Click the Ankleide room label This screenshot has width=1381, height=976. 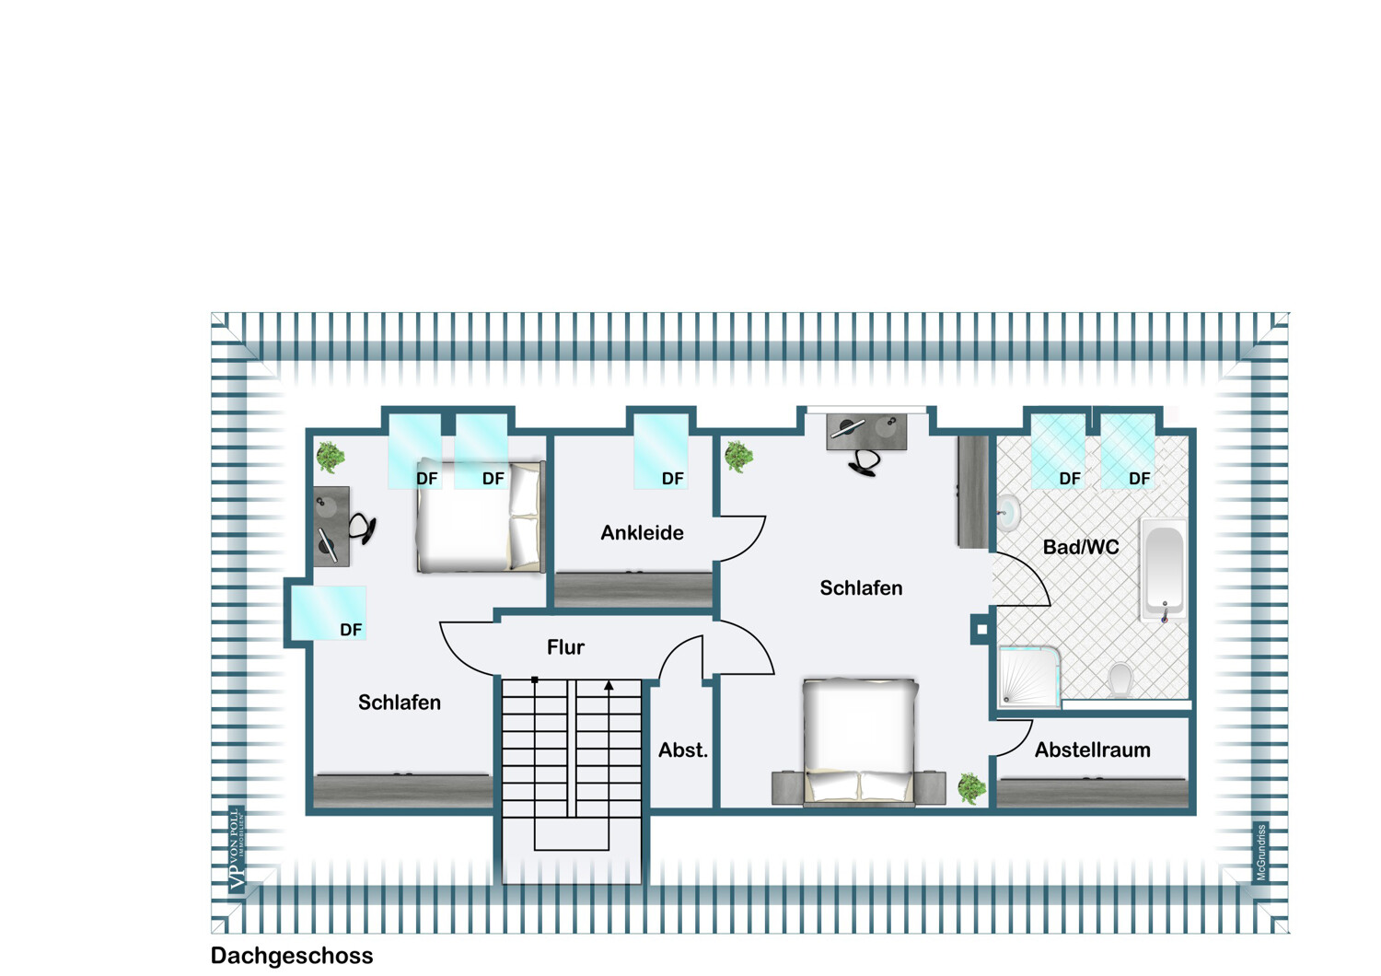642,532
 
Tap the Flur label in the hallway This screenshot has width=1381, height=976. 565,647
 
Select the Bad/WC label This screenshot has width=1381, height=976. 1081,547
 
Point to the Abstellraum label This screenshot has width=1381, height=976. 1092,749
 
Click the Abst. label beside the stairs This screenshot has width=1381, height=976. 683,750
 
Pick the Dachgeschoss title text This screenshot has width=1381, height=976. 292,956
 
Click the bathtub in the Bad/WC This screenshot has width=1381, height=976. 1164,569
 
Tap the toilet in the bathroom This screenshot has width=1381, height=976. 1120,680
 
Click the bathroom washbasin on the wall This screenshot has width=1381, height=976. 1008,513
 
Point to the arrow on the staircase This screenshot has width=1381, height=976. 609,685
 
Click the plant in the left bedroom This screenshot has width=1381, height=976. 330,457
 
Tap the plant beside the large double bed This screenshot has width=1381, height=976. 970,788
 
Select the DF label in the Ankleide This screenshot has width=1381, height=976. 672,479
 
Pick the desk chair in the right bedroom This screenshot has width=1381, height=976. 864,462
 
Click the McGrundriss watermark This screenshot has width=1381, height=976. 1261,853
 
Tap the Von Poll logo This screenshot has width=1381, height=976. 237,849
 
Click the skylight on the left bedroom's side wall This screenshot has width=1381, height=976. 329,612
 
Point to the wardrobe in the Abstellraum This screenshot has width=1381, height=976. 1093,793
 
